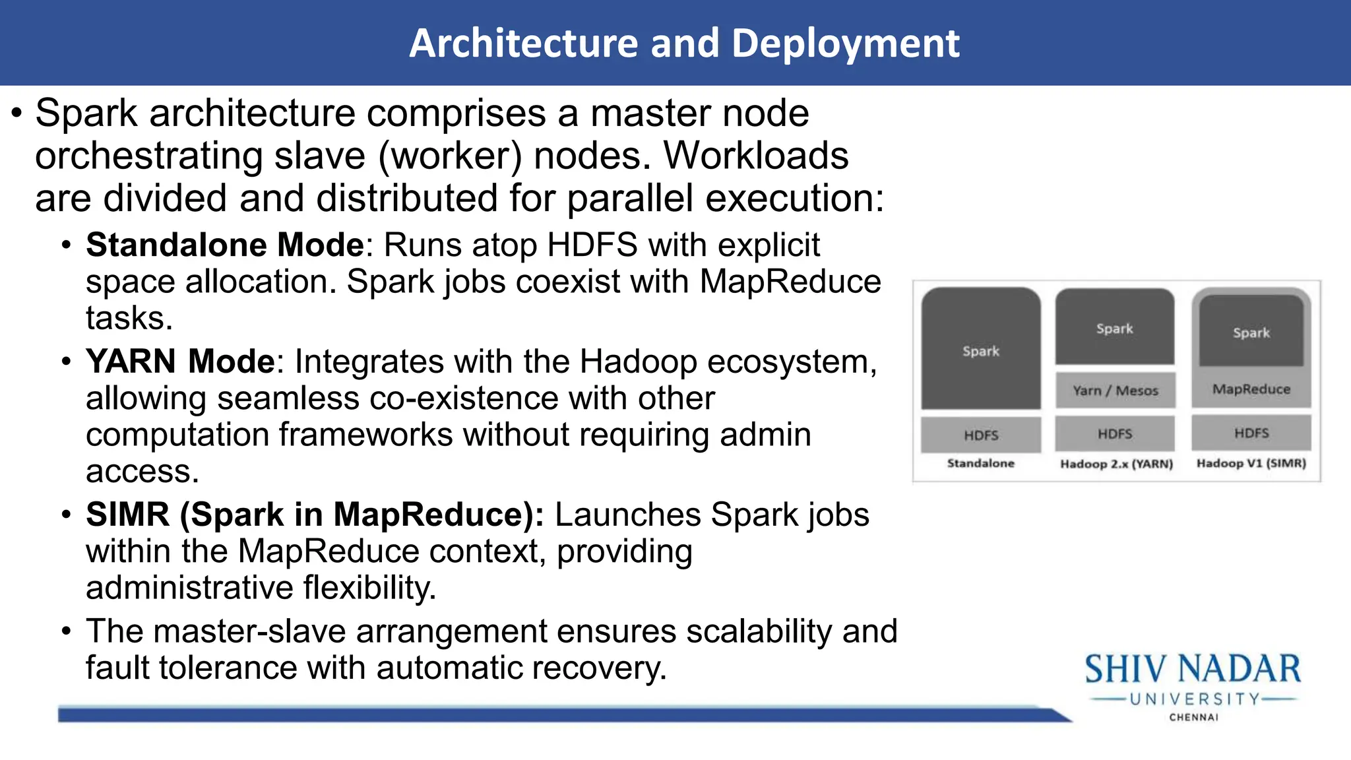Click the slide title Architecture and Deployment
click(x=684, y=44)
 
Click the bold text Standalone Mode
click(x=224, y=245)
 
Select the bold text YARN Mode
click(x=179, y=362)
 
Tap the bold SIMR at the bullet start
click(x=127, y=515)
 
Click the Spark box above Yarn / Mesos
click(x=1114, y=327)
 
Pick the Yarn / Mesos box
click(x=1115, y=390)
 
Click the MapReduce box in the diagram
click(x=1251, y=389)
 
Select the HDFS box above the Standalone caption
click(x=981, y=435)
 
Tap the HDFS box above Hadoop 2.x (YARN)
click(x=1115, y=433)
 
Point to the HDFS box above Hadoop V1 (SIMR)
click(x=1251, y=433)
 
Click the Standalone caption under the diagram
click(x=981, y=463)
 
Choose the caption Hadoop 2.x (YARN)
click(x=1116, y=464)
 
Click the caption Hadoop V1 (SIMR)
click(x=1251, y=463)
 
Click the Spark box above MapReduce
click(x=1251, y=332)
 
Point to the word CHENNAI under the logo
click(x=1194, y=717)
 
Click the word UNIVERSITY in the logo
click(x=1195, y=699)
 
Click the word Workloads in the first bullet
click(x=755, y=156)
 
